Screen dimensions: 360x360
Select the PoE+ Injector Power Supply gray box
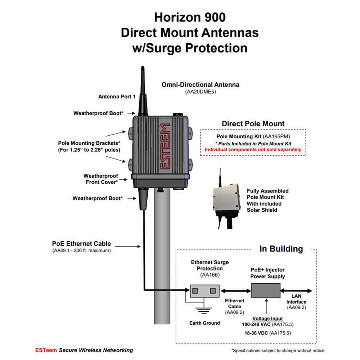(266, 290)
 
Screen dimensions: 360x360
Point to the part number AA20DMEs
(200, 92)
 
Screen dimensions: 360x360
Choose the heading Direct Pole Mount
(253, 123)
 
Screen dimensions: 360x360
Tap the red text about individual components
(253, 149)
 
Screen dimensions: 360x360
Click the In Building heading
(281, 249)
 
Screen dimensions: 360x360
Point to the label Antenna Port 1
(117, 96)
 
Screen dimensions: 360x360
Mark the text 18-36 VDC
(256, 333)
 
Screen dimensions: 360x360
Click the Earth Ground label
(204, 323)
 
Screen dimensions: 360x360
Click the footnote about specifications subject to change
(278, 350)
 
